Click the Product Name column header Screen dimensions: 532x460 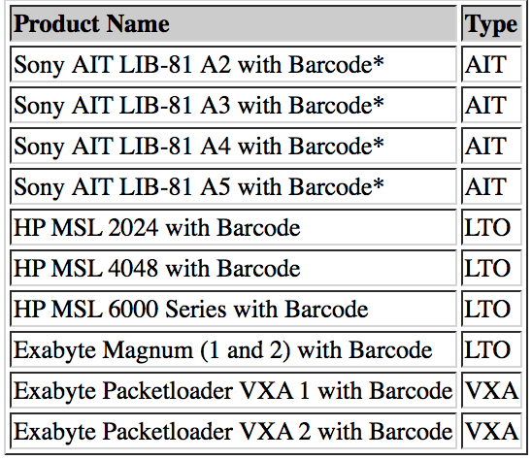pos(233,23)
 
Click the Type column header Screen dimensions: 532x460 pos(491,23)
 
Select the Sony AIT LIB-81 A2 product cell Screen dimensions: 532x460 pos(233,64)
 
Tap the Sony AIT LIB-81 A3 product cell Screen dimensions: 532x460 pos(233,105)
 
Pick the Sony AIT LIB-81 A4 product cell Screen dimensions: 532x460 pos(233,146)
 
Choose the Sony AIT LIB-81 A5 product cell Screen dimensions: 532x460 pos(233,186)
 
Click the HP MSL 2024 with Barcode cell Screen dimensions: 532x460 pos(233,227)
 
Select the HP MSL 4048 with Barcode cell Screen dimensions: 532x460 pos(233,268)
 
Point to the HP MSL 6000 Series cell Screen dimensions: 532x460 pos(233,309)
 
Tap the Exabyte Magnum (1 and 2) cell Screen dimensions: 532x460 pos(233,349)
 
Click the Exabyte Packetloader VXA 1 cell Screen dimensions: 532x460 pos(233,390)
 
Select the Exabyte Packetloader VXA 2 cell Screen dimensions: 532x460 pos(233,431)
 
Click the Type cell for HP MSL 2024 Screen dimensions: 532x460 pos(491,227)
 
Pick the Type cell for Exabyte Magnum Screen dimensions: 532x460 pos(491,349)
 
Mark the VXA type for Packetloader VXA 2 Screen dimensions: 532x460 pos(491,431)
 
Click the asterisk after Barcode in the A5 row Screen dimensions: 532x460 pos(379,182)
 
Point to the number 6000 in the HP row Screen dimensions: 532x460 pos(133,309)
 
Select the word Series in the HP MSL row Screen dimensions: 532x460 pos(196,309)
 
